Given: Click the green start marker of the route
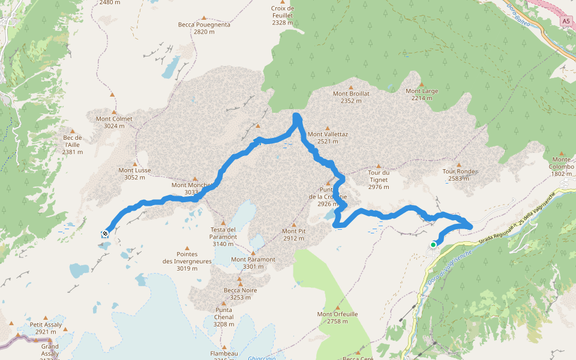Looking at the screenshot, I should [433, 244].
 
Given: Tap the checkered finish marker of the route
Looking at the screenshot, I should [105, 233].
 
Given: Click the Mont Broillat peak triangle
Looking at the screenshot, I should [351, 87].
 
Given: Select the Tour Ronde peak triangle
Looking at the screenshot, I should [459, 165].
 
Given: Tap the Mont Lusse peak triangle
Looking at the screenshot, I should [135, 164].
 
